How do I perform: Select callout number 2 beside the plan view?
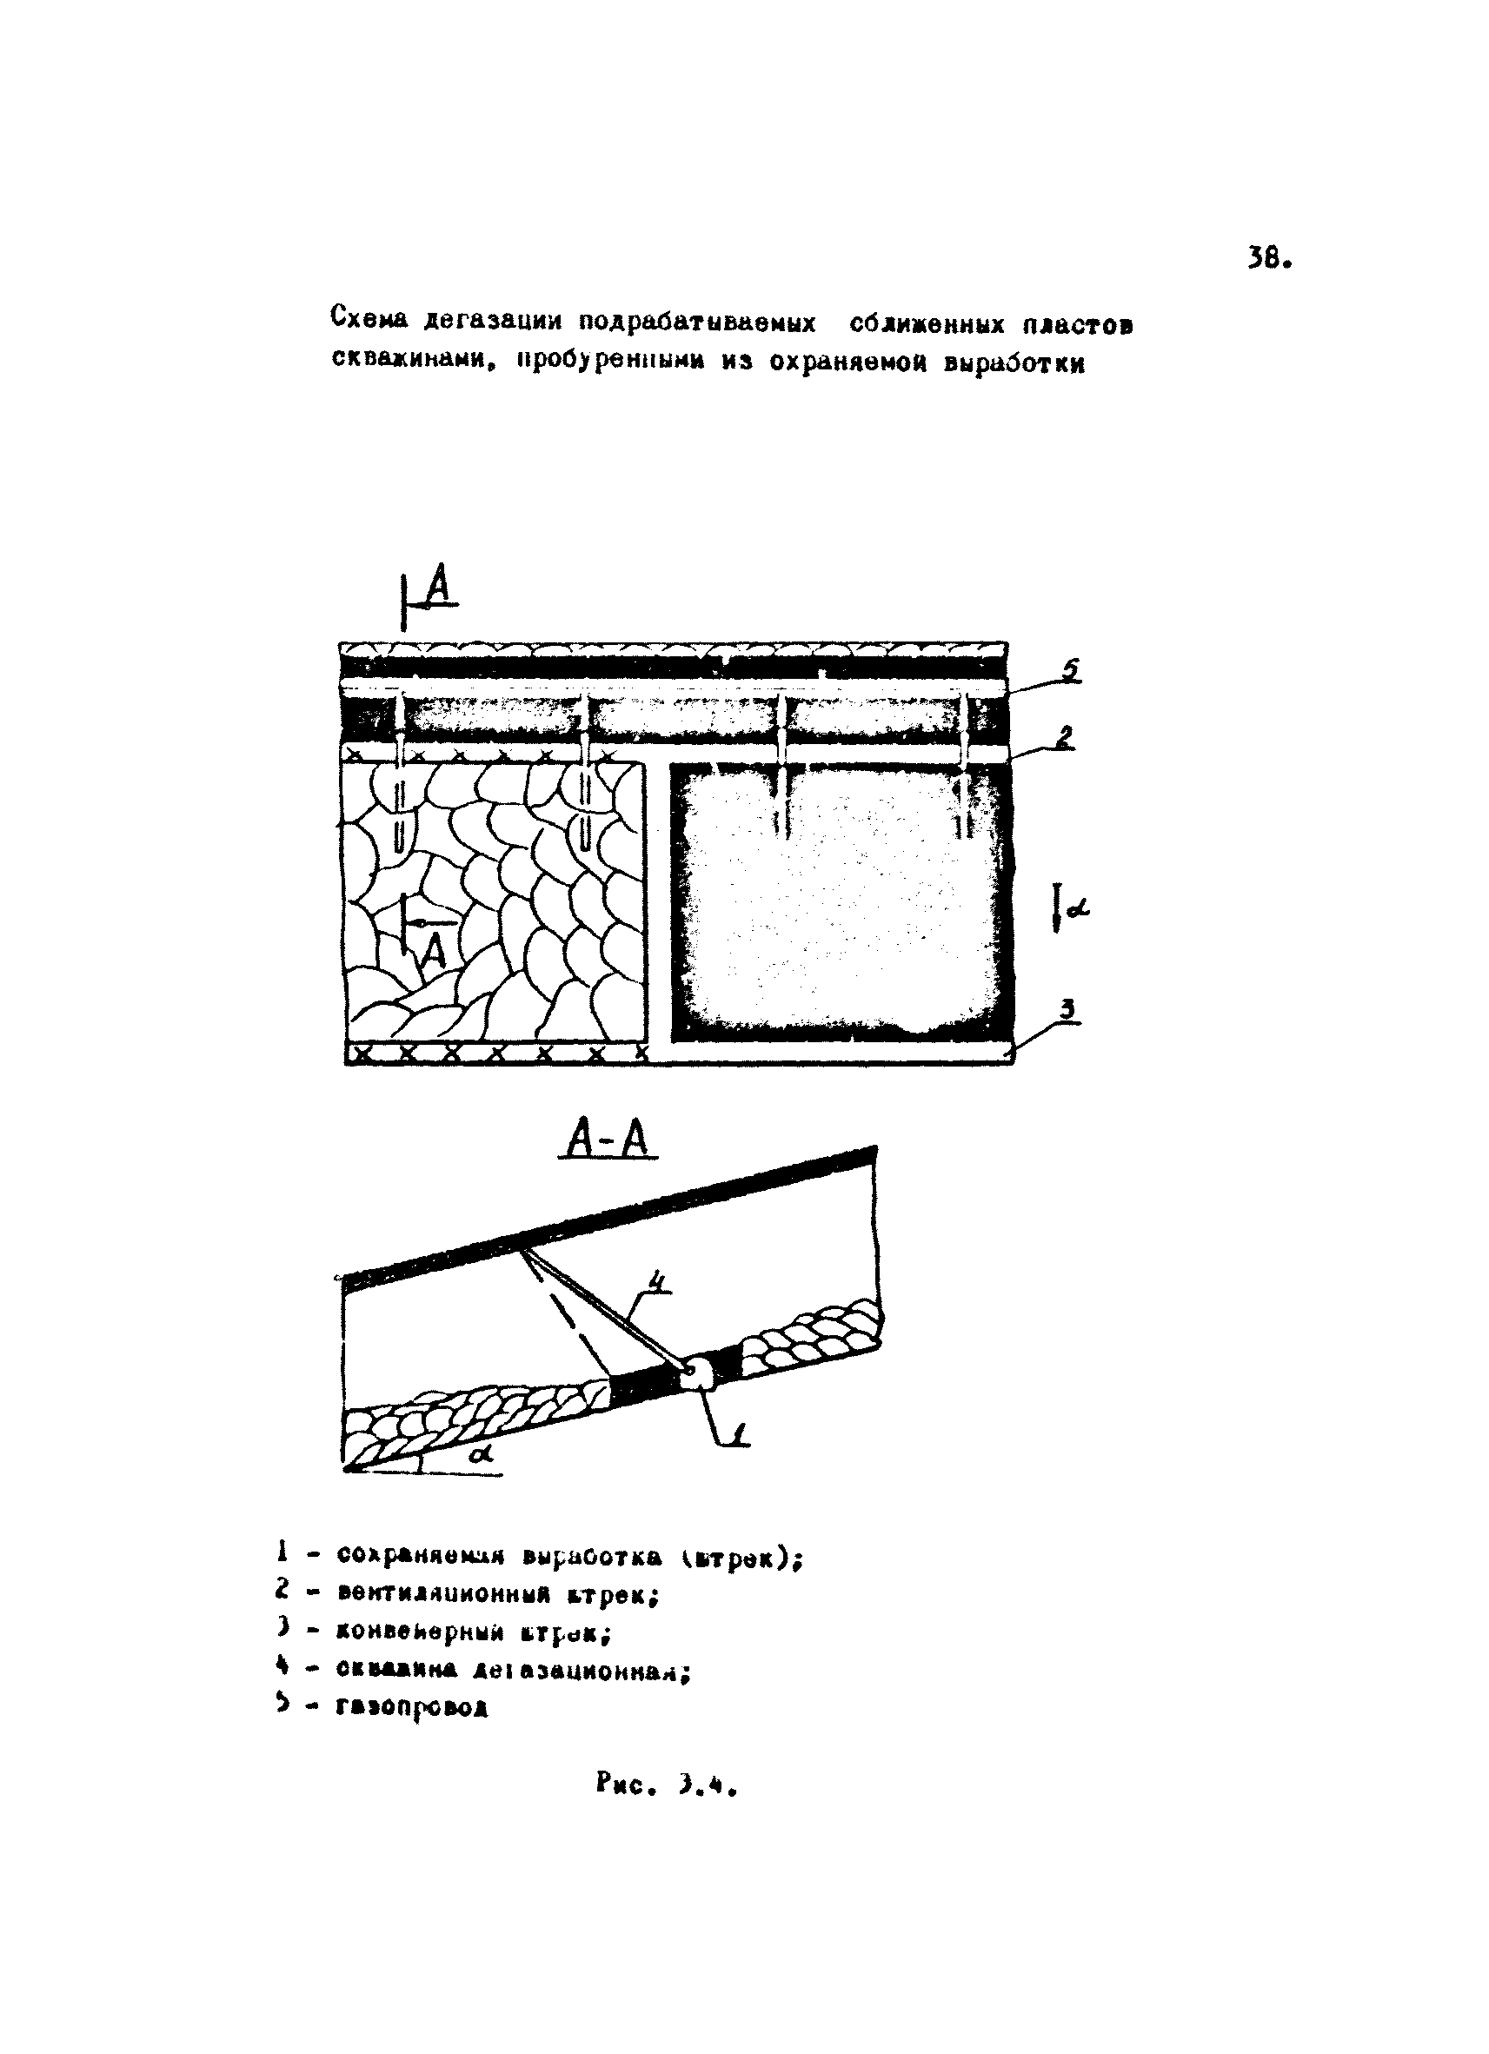click(1065, 736)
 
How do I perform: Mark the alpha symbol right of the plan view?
click(1078, 910)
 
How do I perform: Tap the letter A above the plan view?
click(438, 587)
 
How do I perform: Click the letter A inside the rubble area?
click(435, 951)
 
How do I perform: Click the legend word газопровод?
click(413, 1707)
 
